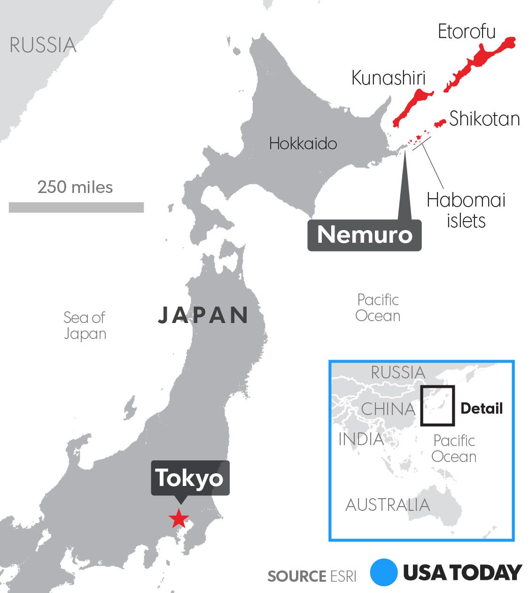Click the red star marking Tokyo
[x=179, y=519]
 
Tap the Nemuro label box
[x=365, y=234]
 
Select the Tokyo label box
[x=190, y=478]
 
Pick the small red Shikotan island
[x=440, y=123]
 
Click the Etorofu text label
[x=467, y=32]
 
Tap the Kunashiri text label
[x=389, y=78]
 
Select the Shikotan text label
[x=484, y=119]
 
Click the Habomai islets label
[x=466, y=210]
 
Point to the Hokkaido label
[x=303, y=143]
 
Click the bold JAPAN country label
[x=203, y=315]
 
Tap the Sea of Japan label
[x=85, y=325]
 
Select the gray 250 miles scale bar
[x=76, y=207]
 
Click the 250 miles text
[x=75, y=187]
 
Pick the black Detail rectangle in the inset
[x=437, y=406]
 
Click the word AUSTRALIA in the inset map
[x=388, y=505]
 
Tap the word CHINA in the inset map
[x=388, y=409]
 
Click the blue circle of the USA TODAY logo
[x=384, y=572]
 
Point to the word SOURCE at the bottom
[x=296, y=576]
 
